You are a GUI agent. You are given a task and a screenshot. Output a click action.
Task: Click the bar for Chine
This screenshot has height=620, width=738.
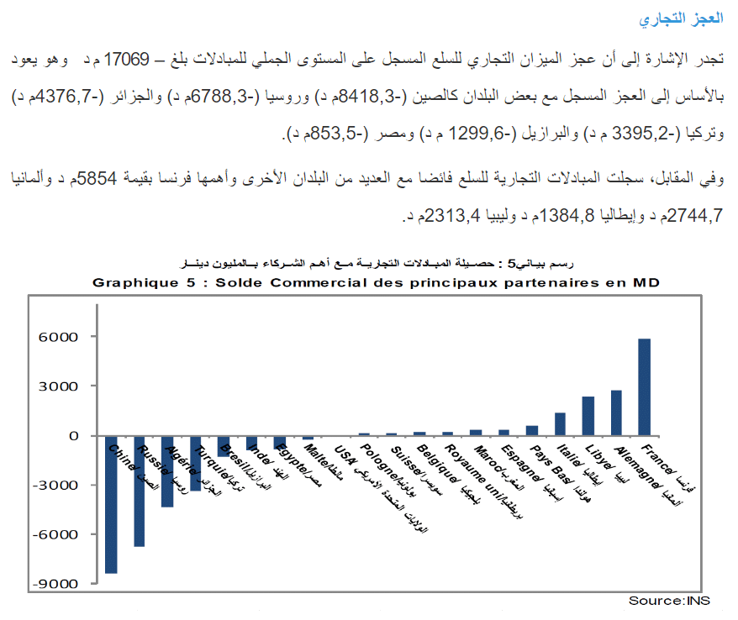point(111,504)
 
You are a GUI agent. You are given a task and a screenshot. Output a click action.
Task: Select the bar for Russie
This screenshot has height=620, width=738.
point(140,491)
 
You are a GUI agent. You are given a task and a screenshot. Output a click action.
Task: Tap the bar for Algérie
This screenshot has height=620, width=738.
point(167,471)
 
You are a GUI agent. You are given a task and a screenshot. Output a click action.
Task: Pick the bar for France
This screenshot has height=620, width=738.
point(645,387)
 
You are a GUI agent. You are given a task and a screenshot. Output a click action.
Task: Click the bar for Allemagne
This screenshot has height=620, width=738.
point(616,413)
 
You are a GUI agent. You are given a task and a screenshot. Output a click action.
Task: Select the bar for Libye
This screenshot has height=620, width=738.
point(588,416)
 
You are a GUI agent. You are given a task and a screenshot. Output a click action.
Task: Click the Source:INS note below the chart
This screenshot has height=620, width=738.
point(669,601)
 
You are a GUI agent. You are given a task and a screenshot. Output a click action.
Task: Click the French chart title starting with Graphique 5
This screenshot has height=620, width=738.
point(376,283)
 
